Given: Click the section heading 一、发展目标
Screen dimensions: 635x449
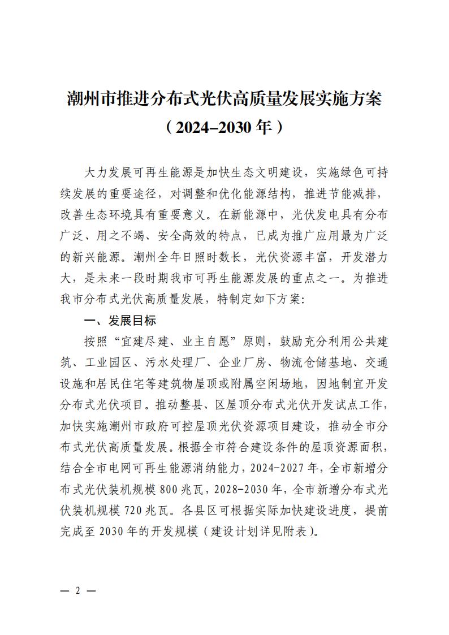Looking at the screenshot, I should pos(119,321).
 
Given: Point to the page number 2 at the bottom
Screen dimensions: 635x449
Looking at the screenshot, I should pos(77,590).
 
